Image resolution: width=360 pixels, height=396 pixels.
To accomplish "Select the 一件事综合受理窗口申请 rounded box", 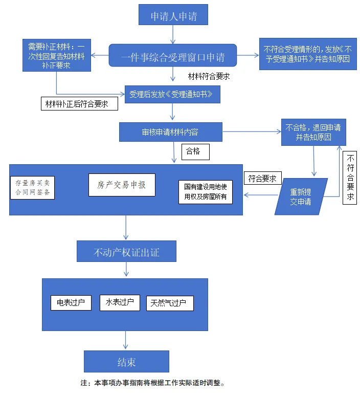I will (x=173, y=55).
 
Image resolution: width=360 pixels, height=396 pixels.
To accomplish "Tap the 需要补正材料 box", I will (x=57, y=55).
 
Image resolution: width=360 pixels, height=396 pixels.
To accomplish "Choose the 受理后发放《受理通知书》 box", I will (x=173, y=95).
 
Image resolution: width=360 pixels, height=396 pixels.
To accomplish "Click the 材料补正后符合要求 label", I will (x=79, y=104).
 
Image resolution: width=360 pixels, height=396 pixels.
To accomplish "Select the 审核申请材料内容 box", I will (x=170, y=132).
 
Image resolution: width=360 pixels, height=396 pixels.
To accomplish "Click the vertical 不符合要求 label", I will (x=350, y=179).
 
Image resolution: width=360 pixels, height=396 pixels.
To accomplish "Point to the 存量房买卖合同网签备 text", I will (x=32, y=188).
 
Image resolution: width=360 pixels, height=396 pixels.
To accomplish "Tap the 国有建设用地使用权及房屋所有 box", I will (x=205, y=192).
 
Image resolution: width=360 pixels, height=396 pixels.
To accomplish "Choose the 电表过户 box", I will (x=71, y=302).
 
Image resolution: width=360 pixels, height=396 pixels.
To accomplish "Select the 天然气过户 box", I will (x=170, y=303).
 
